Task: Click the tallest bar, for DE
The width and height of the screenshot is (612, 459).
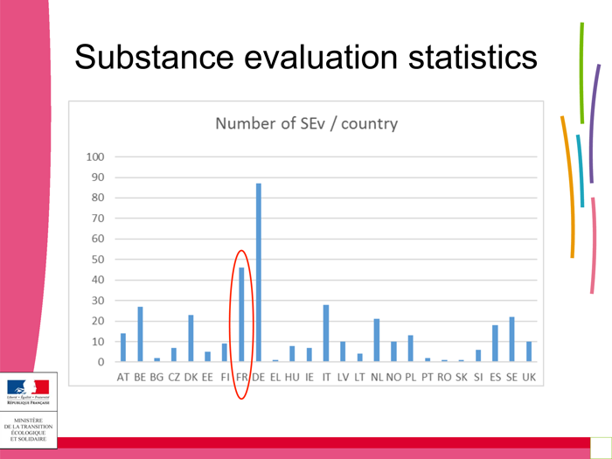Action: coord(258,272)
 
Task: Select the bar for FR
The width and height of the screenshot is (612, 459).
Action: coord(241,314)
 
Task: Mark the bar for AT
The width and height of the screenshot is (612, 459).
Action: coord(123,347)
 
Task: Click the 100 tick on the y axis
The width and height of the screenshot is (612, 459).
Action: coord(95,157)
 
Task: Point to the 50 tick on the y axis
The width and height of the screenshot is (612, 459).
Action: coord(98,260)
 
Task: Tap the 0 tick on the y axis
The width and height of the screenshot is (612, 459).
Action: coord(101,362)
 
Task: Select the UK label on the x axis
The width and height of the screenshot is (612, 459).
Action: coord(529,378)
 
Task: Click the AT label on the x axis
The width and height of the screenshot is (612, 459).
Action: coord(123,378)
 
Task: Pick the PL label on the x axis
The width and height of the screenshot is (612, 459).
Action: coord(410,378)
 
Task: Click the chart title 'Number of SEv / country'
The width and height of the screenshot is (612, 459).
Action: coord(306,123)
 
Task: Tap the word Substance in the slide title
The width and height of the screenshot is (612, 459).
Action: coord(153,58)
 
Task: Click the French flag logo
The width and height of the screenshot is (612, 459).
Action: coord(28,388)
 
